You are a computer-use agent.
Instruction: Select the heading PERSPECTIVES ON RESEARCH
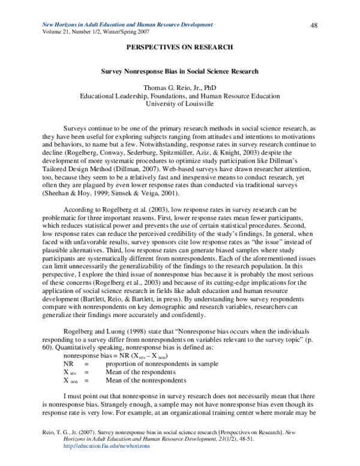[x=180, y=46]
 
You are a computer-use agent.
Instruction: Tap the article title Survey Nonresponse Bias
[x=180, y=71]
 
